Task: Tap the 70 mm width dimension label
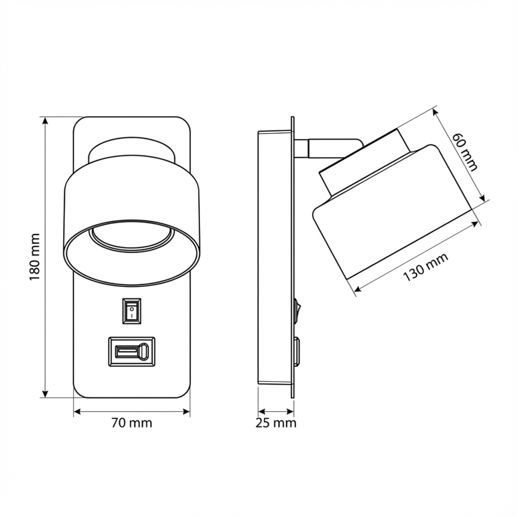pyautogui.click(x=132, y=423)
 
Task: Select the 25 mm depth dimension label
pyautogui.click(x=276, y=423)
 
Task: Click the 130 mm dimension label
pyautogui.click(x=425, y=267)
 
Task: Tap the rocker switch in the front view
pyautogui.click(x=132, y=310)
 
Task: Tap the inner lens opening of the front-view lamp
pyautogui.click(x=132, y=239)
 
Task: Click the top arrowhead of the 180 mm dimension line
pyautogui.click(x=45, y=120)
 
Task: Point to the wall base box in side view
pyautogui.click(x=273, y=257)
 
